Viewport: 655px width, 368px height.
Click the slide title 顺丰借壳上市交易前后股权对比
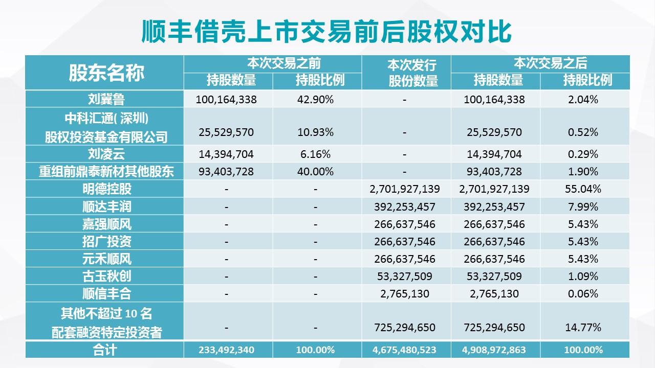[326, 32]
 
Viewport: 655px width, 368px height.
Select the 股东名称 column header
[106, 73]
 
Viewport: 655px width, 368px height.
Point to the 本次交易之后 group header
[550, 63]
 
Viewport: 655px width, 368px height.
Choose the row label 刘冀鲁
[106, 99]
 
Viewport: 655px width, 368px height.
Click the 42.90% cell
[315, 100]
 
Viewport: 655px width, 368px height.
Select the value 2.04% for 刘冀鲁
[583, 100]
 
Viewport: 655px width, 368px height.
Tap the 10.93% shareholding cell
[315, 132]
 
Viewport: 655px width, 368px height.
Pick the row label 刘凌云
[106, 154]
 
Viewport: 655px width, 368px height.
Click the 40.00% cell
[315, 171]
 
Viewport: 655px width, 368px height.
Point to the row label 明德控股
[106, 189]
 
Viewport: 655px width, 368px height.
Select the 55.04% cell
[583, 189]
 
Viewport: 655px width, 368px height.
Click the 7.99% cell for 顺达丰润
[583, 206]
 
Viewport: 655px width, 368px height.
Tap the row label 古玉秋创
[106, 276]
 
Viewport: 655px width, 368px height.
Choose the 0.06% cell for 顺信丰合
[583, 294]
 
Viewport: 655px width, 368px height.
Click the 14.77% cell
[583, 327]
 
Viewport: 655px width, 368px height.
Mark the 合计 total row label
[106, 350]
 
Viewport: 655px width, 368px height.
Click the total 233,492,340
[226, 350]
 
